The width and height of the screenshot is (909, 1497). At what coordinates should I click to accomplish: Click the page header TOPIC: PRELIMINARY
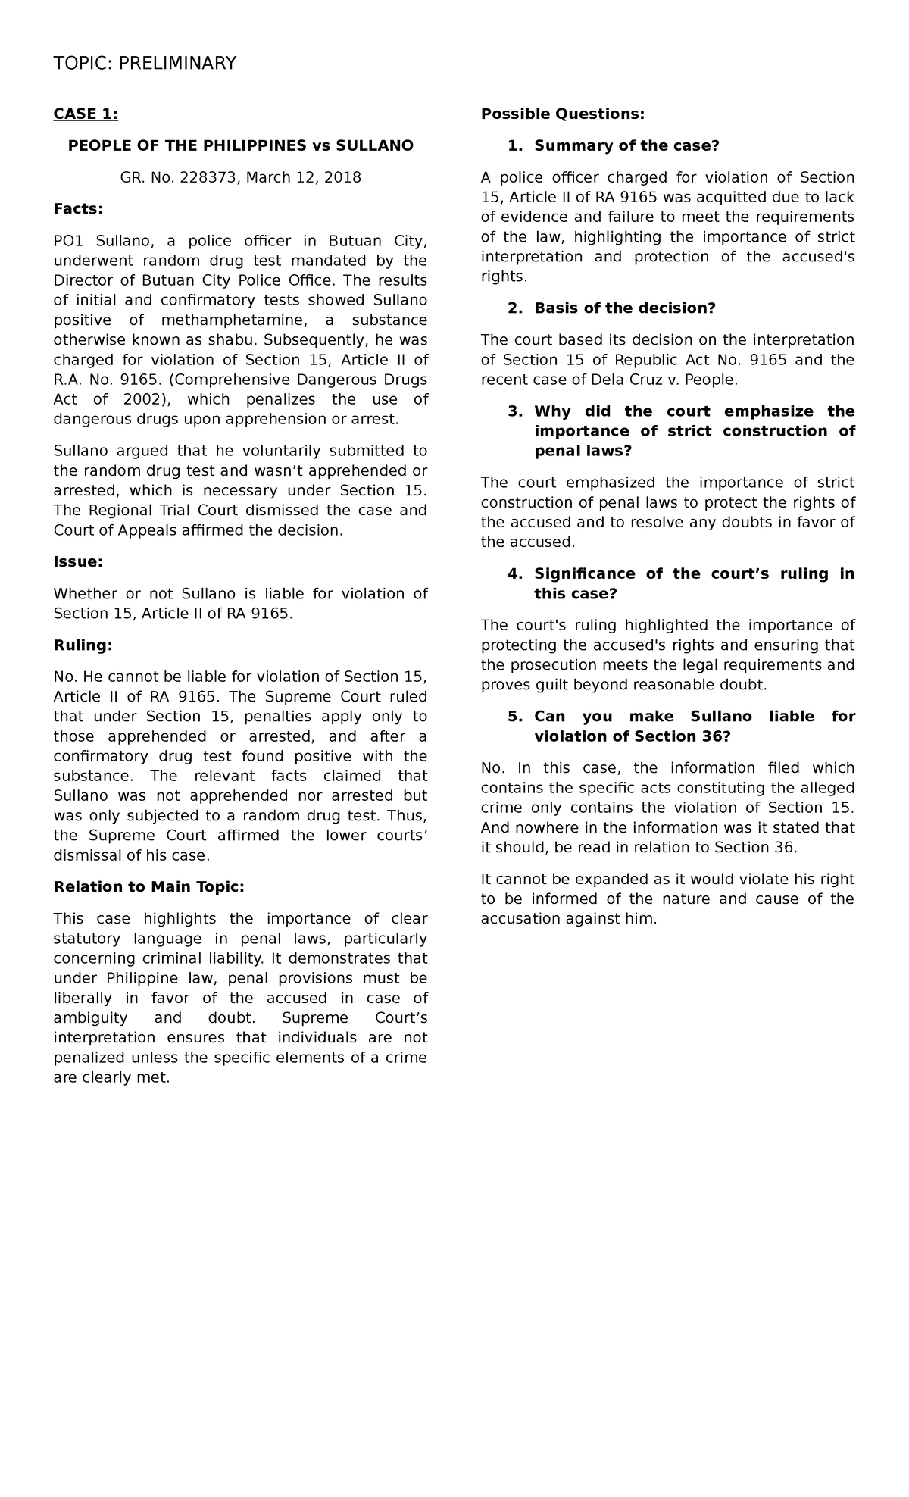click(x=145, y=63)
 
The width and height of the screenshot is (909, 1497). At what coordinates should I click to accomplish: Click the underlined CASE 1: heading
click(x=86, y=114)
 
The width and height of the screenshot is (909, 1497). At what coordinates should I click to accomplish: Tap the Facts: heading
click(x=78, y=209)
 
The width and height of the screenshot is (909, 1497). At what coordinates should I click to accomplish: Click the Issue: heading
click(x=78, y=562)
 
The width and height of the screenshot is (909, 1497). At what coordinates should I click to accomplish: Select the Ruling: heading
click(x=83, y=645)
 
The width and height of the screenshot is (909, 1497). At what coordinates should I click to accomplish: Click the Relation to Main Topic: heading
click(x=149, y=887)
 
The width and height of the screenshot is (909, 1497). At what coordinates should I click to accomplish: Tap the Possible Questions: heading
click(x=563, y=114)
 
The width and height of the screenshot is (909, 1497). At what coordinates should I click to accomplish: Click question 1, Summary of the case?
click(x=626, y=145)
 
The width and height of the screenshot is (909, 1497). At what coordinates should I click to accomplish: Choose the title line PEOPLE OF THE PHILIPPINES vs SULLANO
click(x=241, y=145)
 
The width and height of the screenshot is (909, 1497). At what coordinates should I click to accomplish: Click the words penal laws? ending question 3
click(x=583, y=451)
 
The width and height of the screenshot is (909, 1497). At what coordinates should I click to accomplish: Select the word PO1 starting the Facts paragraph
click(x=70, y=241)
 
